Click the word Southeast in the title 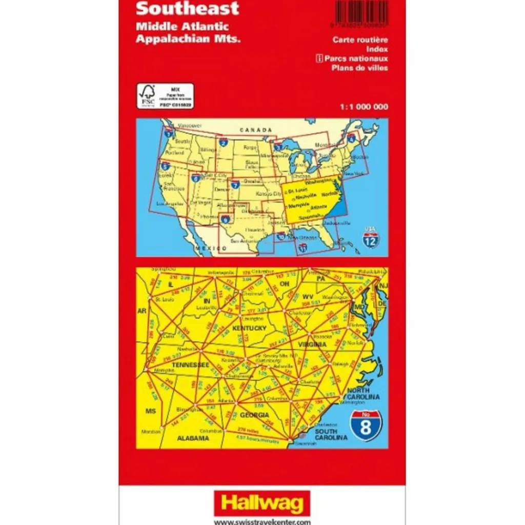coord(188,8)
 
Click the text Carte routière coord(360,39)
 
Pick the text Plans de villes coord(359,68)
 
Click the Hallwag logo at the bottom coord(262,502)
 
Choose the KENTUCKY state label coord(249,328)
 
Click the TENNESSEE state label coord(190,365)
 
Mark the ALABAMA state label coord(193,438)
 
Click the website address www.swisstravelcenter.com coord(262,521)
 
